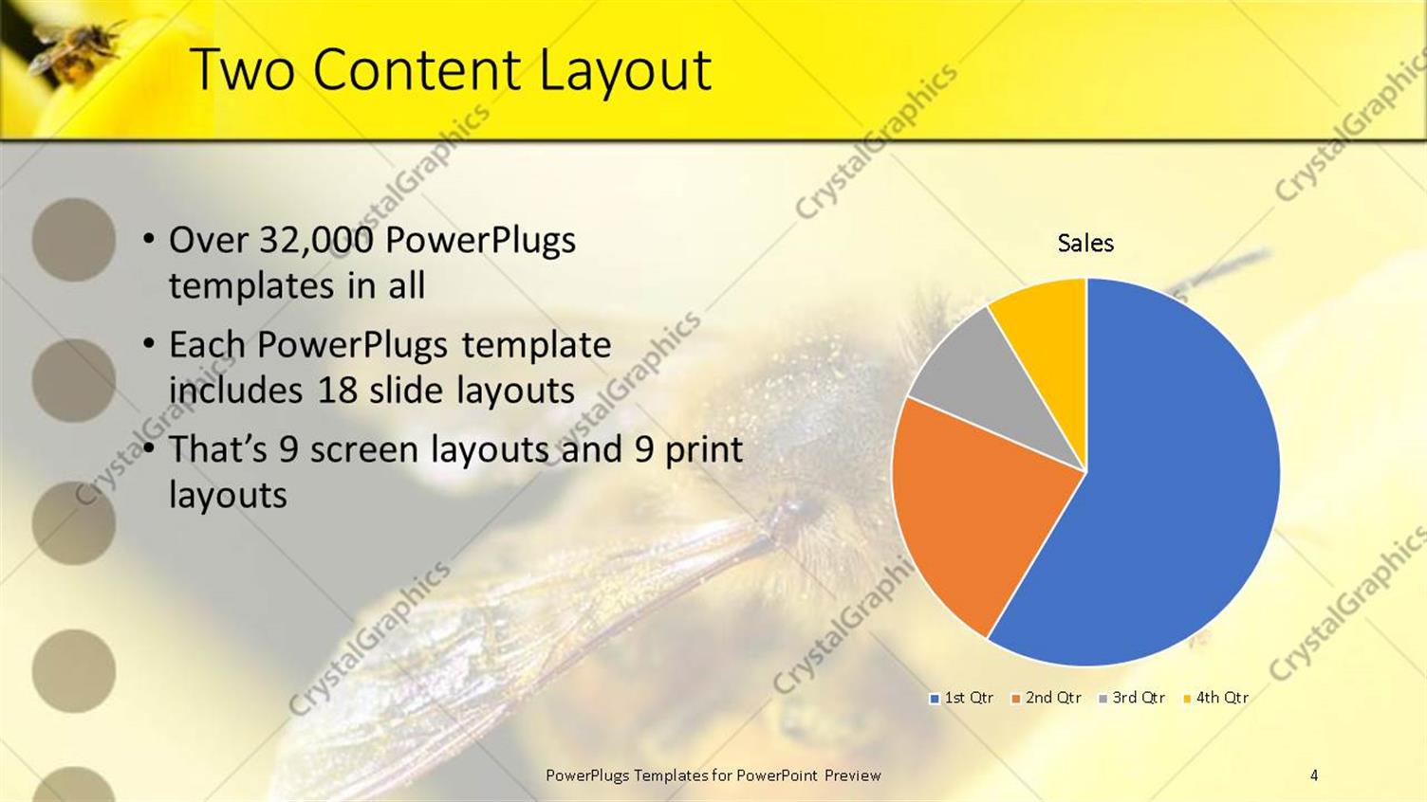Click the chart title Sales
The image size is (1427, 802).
(x=1085, y=244)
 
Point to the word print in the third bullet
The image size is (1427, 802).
(x=703, y=450)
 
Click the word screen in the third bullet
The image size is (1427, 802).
(x=365, y=450)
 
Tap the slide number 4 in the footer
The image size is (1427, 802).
(x=1314, y=775)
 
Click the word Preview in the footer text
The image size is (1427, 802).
(x=852, y=775)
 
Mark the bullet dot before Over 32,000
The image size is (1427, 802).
(x=149, y=240)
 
